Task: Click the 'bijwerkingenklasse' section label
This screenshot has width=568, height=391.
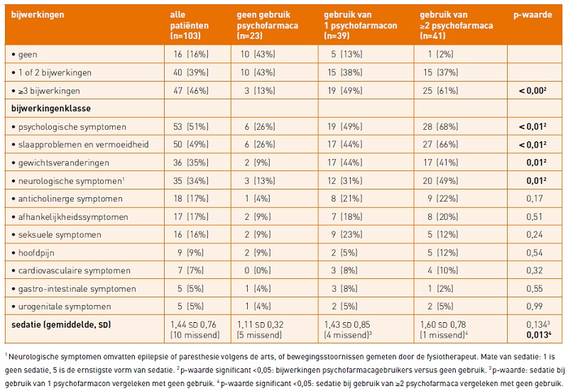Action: click(50, 109)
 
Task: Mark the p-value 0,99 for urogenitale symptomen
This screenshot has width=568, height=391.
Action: click(534, 307)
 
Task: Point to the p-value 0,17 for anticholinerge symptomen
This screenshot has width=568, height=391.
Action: click(534, 198)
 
